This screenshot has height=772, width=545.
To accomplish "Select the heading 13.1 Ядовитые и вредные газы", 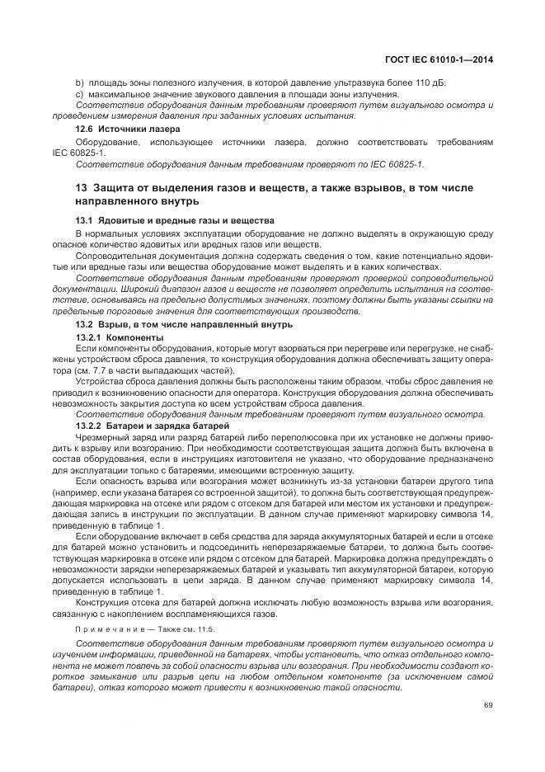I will click(x=175, y=222).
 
